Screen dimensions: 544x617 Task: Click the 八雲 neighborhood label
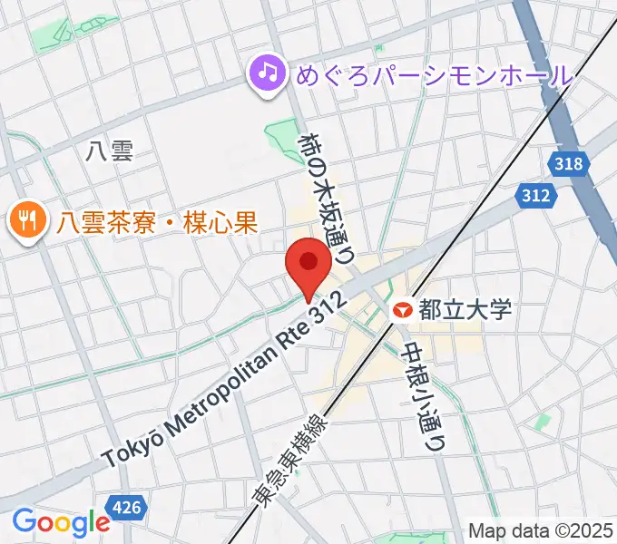[x=110, y=151]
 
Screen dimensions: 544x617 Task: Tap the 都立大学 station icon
[x=402, y=310]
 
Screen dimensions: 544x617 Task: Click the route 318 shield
[x=568, y=164]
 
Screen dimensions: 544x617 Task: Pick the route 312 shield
[x=535, y=195]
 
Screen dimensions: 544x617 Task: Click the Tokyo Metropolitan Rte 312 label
[x=223, y=380]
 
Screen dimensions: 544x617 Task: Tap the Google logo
[x=60, y=522]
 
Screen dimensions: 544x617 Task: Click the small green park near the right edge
[x=543, y=422]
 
